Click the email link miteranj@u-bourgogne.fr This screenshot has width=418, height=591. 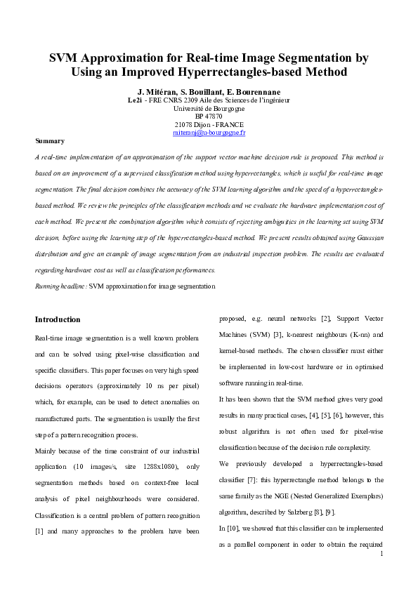[x=209, y=132]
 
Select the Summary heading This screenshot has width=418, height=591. [x=49, y=140]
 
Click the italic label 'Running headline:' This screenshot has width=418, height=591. [x=61, y=286]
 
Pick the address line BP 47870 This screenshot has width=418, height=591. [x=209, y=117]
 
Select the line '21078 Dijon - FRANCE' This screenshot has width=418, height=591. [x=209, y=124]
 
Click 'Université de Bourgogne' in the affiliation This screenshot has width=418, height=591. [x=209, y=109]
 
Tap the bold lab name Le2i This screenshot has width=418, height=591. [x=134, y=101]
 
